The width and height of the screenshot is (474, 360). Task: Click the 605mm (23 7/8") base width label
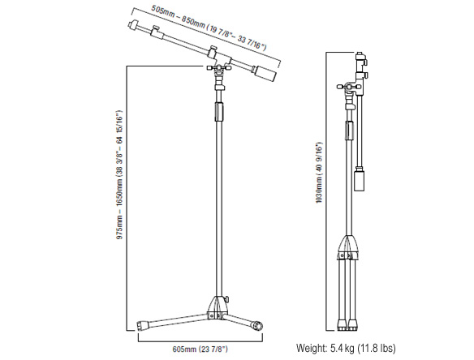coord(200,349)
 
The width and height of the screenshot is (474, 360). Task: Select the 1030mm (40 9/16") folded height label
coord(319,172)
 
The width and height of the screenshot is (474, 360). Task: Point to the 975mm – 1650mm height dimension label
coord(120,174)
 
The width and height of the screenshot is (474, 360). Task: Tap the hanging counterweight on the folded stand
coord(360,181)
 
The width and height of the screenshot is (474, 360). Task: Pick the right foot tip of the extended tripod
coord(257,326)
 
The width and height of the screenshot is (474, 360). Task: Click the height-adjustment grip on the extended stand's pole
coord(219,111)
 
